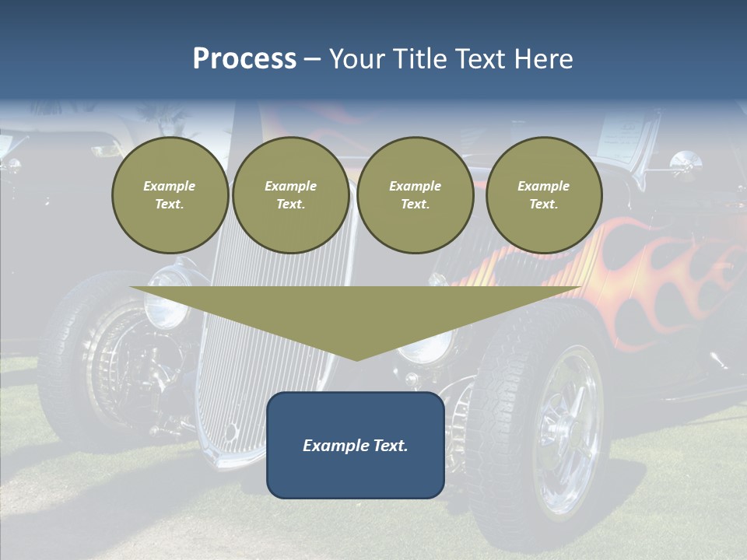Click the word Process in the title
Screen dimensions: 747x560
tap(244, 59)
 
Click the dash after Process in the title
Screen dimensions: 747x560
tap(313, 60)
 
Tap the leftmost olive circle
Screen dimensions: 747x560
tap(170, 195)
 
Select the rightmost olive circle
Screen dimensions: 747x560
tap(544, 195)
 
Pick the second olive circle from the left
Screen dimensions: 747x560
tap(291, 195)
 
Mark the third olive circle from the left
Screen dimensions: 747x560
tap(416, 195)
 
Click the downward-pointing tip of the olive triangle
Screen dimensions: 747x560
tap(356, 359)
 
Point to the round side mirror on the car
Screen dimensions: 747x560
tap(686, 162)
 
